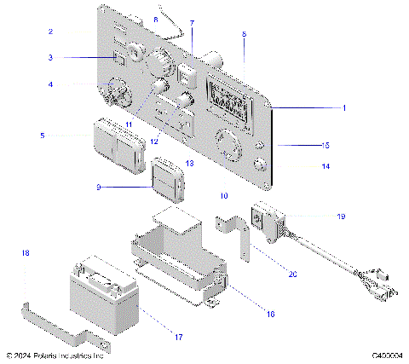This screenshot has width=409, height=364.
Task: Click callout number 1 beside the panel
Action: pyautogui.click(x=344, y=108)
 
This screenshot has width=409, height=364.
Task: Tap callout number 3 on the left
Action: pyautogui.click(x=51, y=58)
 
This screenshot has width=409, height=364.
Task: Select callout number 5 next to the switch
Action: pyautogui.click(x=43, y=135)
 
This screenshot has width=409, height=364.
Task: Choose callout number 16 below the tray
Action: pyautogui.click(x=270, y=314)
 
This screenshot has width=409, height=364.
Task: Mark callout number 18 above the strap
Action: pyautogui.click(x=26, y=253)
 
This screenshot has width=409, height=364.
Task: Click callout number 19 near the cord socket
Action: pyautogui.click(x=341, y=217)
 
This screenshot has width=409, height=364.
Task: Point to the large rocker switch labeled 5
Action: pyautogui.click(x=119, y=141)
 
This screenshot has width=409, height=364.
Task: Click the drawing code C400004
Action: pyautogui.click(x=386, y=355)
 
